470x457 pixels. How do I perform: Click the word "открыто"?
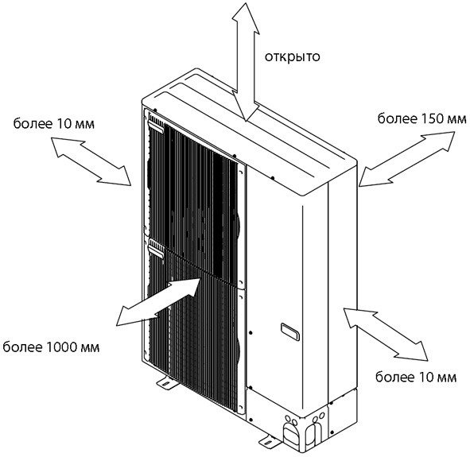pos(292,56)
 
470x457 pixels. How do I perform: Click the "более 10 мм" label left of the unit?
pos(53,123)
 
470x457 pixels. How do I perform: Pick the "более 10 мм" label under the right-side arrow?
pos(416,377)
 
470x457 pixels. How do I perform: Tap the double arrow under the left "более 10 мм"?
pos(91,161)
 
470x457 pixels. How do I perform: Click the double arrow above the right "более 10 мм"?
pos(386,333)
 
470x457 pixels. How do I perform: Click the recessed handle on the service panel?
pos(289,331)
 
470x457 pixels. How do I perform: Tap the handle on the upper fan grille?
pos(156,127)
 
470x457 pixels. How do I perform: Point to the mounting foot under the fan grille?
pos(165,383)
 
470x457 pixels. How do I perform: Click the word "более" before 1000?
pos(23,347)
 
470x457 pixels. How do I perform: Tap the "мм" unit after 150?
pos(456,120)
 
